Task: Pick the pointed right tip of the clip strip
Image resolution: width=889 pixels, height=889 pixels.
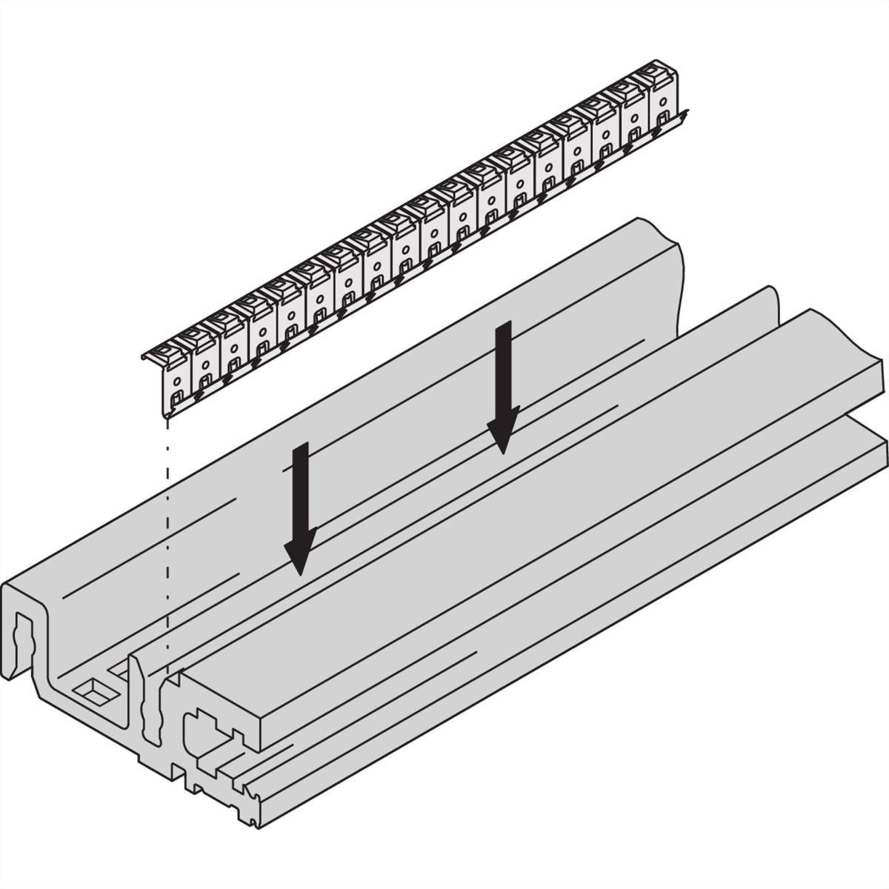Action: tap(687, 113)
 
